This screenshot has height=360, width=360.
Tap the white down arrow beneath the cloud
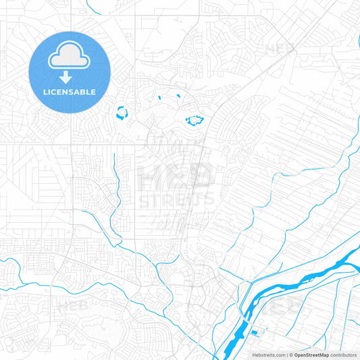click(70, 77)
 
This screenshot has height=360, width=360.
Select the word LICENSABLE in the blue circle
click(70, 91)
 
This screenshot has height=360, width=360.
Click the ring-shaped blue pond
click(122, 113)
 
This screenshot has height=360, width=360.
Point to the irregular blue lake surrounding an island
click(195, 121)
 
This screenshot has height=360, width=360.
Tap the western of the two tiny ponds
click(159, 99)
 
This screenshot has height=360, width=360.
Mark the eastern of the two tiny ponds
click(178, 96)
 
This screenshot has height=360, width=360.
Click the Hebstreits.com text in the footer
click(269, 355)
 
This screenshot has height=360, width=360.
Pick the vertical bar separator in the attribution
click(286, 355)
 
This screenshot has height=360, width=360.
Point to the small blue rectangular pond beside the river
click(253, 332)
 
